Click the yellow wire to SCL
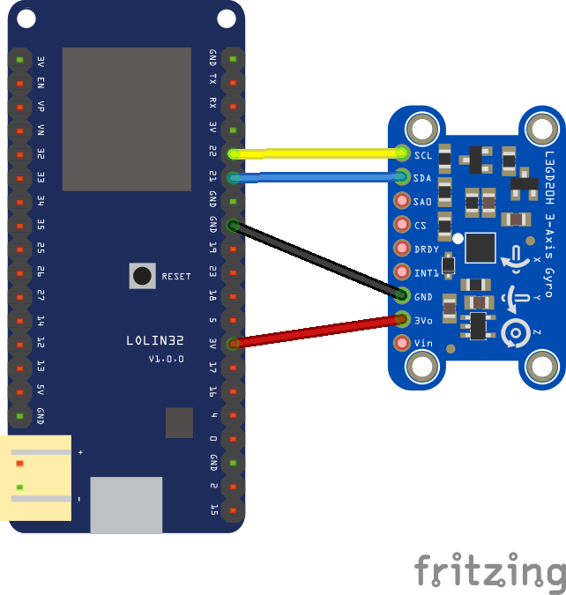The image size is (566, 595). click(x=317, y=153)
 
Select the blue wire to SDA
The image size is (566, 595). click(x=317, y=177)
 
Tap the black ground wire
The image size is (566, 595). click(x=317, y=260)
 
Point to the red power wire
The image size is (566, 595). click(x=317, y=331)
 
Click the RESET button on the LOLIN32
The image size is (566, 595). click(x=142, y=276)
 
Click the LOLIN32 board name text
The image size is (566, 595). click(x=154, y=339)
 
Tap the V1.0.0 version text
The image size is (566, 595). click(x=166, y=359)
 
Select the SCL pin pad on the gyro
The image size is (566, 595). click(x=403, y=153)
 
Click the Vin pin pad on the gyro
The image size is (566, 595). click(x=403, y=343)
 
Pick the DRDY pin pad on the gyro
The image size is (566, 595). click(x=403, y=249)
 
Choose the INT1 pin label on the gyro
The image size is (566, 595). click(x=427, y=272)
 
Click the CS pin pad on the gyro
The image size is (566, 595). click(x=403, y=225)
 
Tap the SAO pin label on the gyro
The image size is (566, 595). click(x=423, y=201)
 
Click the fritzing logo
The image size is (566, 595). click(x=489, y=572)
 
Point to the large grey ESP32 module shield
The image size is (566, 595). click(x=126, y=119)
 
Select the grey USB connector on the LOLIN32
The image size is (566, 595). click(x=126, y=504)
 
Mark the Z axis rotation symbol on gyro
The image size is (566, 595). click(x=515, y=333)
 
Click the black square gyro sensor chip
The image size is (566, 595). click(x=480, y=248)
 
